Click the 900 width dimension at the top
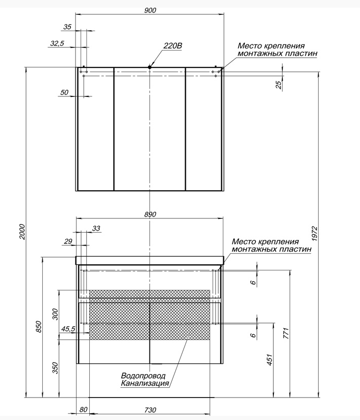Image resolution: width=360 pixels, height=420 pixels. (150, 10)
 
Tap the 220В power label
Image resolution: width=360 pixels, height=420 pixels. (173, 46)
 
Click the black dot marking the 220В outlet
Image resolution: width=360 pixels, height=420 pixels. (149, 67)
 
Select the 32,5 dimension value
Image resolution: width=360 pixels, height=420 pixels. (57, 43)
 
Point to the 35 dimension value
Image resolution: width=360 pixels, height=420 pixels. (67, 27)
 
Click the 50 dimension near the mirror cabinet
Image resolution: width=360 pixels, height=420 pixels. (64, 92)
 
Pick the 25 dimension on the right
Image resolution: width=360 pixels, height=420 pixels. (279, 85)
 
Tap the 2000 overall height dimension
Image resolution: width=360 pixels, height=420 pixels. (22, 232)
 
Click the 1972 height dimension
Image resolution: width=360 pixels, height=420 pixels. (315, 234)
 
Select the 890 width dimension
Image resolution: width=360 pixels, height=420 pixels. (150, 214)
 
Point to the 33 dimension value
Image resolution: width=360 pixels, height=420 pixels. (96, 228)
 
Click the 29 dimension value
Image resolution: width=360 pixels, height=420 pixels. (68, 241)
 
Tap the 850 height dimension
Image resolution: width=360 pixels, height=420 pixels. (39, 327)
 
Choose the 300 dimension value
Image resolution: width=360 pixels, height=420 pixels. (55, 314)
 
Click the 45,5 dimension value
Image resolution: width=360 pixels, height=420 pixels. (68, 329)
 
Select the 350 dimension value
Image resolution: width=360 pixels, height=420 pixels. (55, 368)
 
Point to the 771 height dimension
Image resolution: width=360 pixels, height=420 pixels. (287, 333)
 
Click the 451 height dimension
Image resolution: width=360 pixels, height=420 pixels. (270, 360)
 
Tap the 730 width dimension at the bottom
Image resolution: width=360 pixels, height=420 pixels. (150, 410)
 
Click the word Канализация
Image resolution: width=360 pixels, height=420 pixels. (145, 383)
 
